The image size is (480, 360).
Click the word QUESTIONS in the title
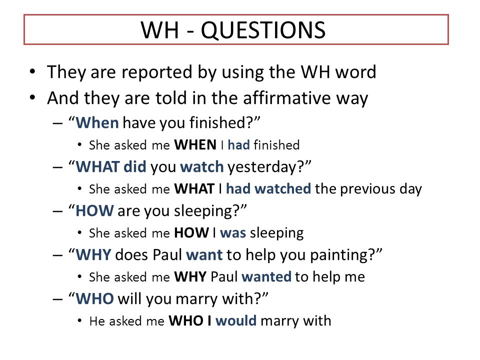pos(263,30)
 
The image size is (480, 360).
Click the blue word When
pos(97,123)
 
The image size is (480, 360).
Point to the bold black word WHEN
pos(195,145)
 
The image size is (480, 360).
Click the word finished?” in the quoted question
pos(224,123)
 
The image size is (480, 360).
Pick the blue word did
pos(134,167)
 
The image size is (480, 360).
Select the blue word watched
pos(283,188)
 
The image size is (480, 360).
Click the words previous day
pos(381,189)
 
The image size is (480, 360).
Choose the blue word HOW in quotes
pos(94,211)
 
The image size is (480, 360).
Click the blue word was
pos(233,233)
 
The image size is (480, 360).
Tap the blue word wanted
pos(266,276)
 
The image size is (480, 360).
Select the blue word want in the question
pos(204,255)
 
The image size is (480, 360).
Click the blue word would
pos(236,321)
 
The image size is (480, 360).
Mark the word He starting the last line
pos(97,321)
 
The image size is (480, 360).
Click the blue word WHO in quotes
pos(94,299)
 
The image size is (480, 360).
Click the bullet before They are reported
pos(32,72)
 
